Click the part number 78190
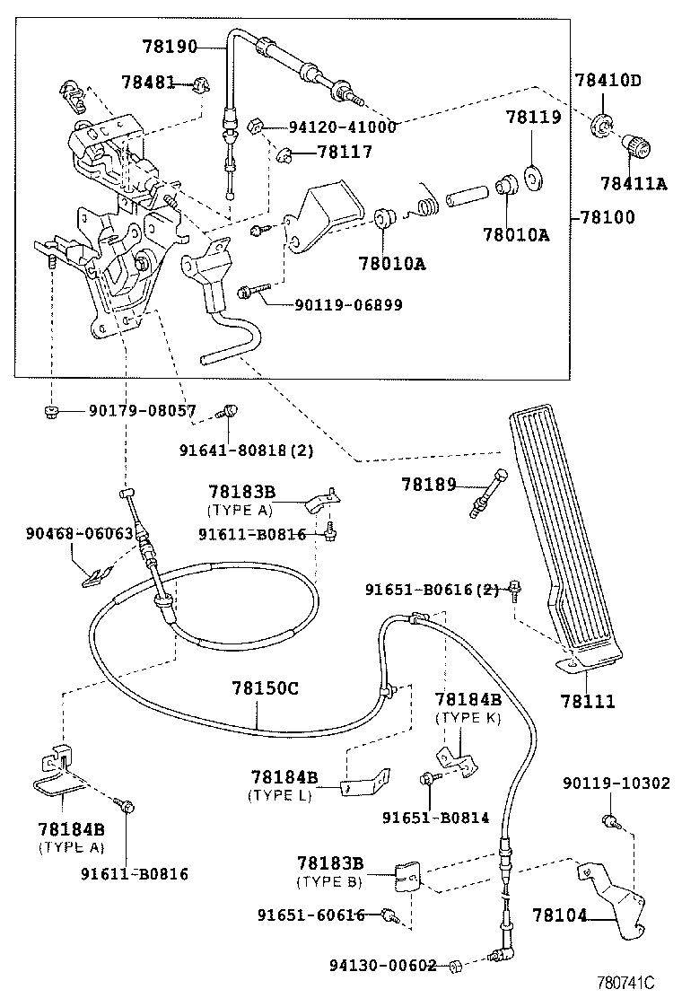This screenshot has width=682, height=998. [168, 44]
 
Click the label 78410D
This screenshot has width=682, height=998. [608, 80]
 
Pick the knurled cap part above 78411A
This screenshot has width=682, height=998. [639, 144]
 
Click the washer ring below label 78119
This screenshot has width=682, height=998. [533, 175]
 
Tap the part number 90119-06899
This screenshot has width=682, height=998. [348, 305]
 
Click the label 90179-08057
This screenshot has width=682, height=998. [142, 411]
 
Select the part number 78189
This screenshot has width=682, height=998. [429, 485]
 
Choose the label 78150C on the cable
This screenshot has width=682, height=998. [265, 689]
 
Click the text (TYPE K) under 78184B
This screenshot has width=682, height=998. [468, 718]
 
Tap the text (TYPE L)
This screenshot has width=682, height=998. [281, 794]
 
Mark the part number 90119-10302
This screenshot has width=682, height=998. [616, 783]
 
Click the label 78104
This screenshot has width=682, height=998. [560, 916]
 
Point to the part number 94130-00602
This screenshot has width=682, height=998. [382, 966]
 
